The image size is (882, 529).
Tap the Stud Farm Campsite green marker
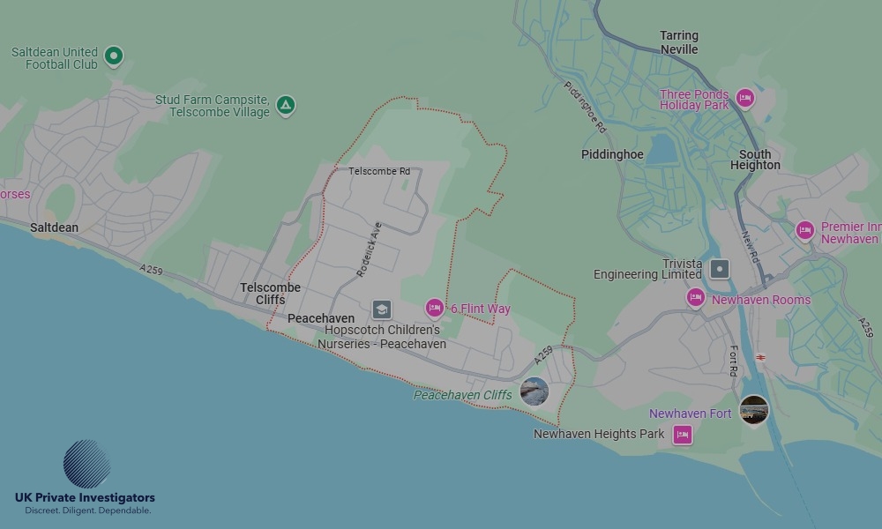tap(285, 106)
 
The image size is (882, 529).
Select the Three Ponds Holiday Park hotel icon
tap(745, 98)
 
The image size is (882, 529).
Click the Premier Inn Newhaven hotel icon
tap(804, 231)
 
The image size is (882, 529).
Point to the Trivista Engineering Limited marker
tap(721, 269)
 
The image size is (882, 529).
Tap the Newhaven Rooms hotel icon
tap(695, 299)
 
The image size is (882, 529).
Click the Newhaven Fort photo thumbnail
tap(753, 410)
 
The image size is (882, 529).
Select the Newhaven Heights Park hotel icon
tap(682, 435)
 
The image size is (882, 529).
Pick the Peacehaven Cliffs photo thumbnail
tap(534, 391)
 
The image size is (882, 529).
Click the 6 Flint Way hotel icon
tap(434, 308)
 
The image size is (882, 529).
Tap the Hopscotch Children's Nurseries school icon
tap(381, 309)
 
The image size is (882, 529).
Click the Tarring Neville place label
tap(678, 42)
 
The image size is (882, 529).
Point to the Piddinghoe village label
tap(612, 154)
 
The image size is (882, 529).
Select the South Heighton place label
tap(755, 160)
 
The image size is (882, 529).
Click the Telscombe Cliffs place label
tap(270, 294)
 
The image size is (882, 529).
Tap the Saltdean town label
tap(54, 227)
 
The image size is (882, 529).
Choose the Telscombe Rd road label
tap(379, 171)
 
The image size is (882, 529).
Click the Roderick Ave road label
tap(370, 250)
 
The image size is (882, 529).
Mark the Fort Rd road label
tap(732, 360)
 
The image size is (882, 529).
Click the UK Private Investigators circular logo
tap(86, 464)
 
